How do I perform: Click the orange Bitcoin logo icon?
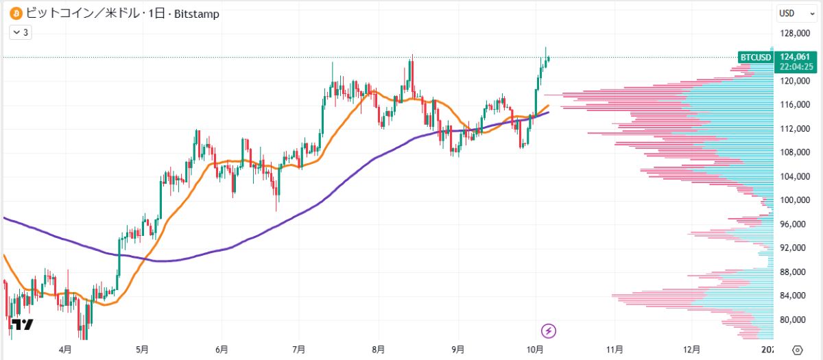coord(13,14)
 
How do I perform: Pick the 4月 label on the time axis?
coord(65,349)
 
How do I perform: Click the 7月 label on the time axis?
coord(298,349)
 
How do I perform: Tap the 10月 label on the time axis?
coord(536,349)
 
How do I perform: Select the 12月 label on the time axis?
coord(693,349)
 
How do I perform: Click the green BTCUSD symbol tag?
coord(754,57)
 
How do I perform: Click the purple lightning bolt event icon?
coord(549,331)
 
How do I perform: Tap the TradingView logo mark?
coord(23,325)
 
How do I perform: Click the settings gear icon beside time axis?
coord(797,349)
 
